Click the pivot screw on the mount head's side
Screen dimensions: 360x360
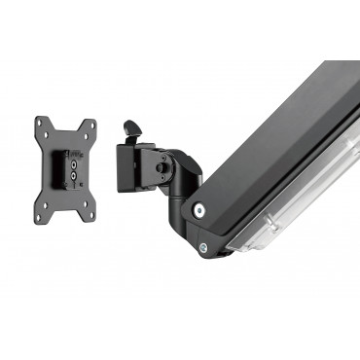161,167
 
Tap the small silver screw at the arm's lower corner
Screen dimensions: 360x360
203,247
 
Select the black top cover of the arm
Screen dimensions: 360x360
282,136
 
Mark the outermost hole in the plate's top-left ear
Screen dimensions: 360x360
40,122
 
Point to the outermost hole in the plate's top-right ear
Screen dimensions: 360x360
92,124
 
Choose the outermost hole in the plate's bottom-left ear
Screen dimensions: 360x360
38,217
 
